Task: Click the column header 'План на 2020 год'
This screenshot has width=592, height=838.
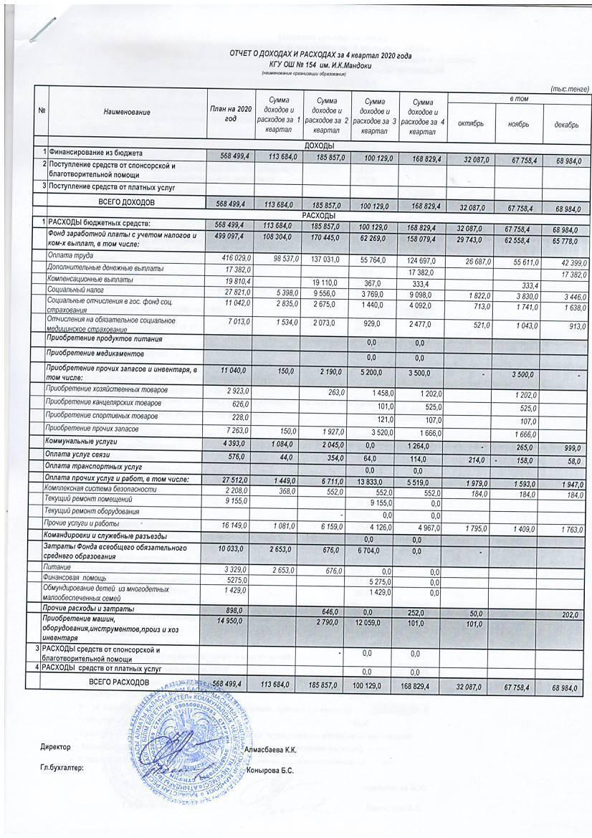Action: (230, 113)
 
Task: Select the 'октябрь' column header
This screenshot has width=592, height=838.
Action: (469, 123)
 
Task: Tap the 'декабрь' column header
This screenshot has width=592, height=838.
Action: (566, 124)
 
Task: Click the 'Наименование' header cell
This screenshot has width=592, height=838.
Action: (127, 113)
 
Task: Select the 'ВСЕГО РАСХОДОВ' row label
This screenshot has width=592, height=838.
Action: (119, 682)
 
